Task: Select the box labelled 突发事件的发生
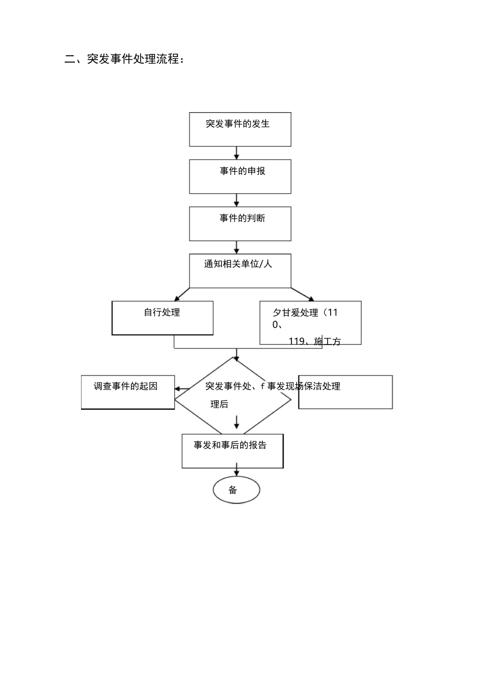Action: [x=240, y=129]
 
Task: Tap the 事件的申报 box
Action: [x=240, y=176]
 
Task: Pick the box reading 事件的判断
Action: [x=240, y=224]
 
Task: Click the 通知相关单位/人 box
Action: [x=240, y=271]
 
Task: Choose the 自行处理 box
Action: [x=163, y=318]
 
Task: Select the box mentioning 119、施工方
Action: [x=310, y=323]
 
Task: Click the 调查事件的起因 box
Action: [x=128, y=392]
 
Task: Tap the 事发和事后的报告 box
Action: [x=232, y=451]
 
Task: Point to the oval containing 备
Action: [x=236, y=490]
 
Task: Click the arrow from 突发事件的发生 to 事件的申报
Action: [x=236, y=153]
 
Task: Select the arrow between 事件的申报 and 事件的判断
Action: [x=236, y=200]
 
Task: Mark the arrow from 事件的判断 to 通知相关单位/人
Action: [x=236, y=247]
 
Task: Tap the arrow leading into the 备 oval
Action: [x=236, y=471]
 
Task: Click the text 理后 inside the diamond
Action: [x=220, y=405]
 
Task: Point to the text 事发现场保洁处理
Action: [x=304, y=386]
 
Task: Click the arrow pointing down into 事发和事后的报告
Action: [x=236, y=423]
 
